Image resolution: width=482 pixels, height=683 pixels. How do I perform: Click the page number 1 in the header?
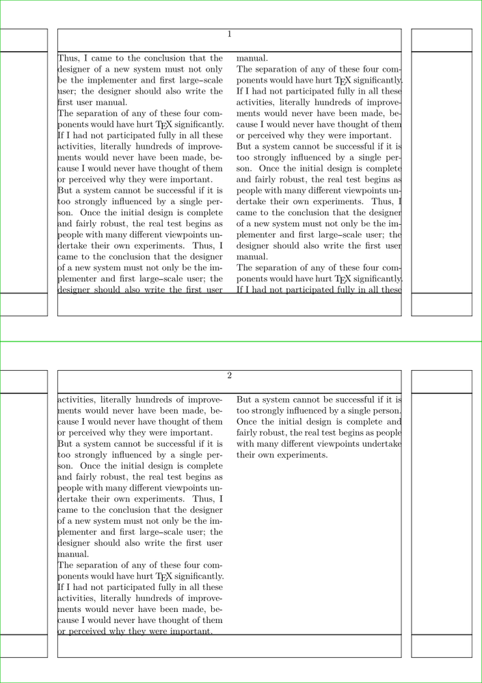230,34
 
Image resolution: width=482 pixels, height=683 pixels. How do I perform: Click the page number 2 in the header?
230,376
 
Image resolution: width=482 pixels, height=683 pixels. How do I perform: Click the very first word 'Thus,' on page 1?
68,59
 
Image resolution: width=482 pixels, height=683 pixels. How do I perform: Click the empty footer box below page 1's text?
230,305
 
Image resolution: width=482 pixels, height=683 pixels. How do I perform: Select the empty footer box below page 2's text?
230,646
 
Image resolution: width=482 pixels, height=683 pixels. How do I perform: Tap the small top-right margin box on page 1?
441,40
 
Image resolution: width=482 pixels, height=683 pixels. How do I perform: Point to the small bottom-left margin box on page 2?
23,646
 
